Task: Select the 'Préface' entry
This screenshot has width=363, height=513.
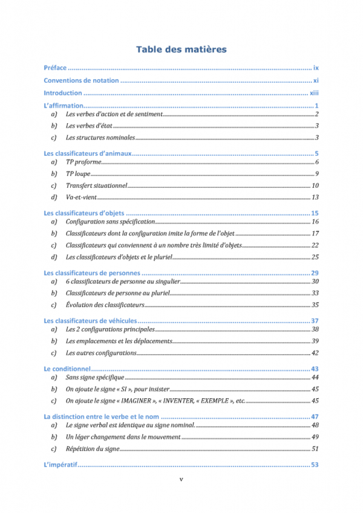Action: [55, 68]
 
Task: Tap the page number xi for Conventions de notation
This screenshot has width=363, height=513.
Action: [316, 81]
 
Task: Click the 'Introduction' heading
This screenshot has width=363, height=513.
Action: [63, 94]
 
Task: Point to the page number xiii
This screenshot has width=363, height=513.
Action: [314, 94]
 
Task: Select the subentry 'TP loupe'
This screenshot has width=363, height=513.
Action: [78, 173]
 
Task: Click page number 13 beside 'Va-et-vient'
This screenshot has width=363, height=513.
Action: [315, 197]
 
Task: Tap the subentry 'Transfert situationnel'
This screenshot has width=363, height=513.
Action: [96, 186]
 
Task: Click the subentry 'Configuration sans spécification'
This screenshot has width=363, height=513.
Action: [110, 222]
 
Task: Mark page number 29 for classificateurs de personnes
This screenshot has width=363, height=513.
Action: [315, 273]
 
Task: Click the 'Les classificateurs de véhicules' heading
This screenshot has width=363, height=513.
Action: [91, 320]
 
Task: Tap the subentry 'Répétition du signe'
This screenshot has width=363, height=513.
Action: [93, 448]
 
